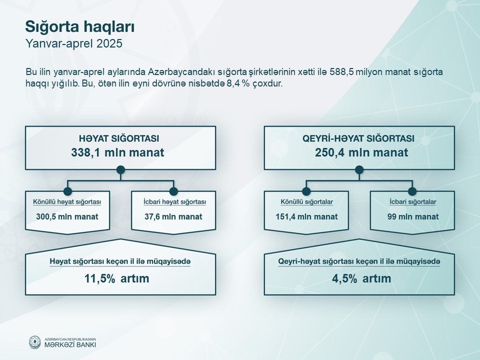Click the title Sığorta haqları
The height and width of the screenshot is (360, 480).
pos(80,27)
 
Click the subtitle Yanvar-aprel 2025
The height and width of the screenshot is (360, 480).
pos(74,44)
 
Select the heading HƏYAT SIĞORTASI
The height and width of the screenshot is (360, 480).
pos(119,139)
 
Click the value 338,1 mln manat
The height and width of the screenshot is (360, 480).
pos(118,152)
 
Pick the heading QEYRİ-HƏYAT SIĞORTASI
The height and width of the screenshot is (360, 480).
pos(358,138)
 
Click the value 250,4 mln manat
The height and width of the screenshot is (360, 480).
pos(361,152)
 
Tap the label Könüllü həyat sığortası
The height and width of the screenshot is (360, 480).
pos(67,202)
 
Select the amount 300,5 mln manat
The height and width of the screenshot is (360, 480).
pos(67,217)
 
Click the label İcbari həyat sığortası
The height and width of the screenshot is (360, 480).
pos(175,202)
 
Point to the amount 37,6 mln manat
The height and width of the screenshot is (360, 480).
pos(174,217)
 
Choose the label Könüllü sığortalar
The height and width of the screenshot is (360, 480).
pos(307,202)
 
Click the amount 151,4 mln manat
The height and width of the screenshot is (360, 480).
pos(307,217)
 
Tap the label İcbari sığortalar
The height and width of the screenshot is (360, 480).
pos(413,202)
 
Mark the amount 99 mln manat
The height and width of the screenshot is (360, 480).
pos(413,217)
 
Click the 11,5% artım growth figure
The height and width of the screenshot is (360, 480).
pos(117,278)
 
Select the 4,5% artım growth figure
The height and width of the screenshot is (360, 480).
pos(361,278)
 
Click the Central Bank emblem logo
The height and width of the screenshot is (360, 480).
pos(35,342)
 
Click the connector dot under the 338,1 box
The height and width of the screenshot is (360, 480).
pos(121,170)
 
